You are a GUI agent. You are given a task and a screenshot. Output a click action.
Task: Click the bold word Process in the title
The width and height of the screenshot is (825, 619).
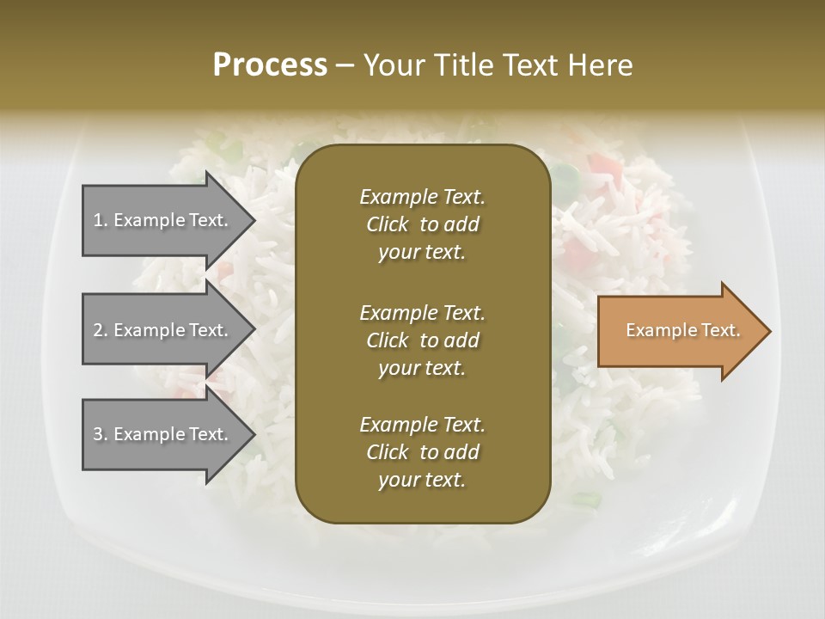pos(270,65)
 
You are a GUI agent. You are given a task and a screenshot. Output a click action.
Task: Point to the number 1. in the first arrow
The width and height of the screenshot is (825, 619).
pos(100,220)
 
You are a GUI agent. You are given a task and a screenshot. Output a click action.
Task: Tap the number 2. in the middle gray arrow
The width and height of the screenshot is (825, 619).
pos(100,330)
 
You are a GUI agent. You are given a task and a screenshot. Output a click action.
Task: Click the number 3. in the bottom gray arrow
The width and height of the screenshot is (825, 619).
pos(100,434)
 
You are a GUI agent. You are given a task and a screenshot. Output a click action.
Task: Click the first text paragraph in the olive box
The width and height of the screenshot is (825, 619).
pos(422,224)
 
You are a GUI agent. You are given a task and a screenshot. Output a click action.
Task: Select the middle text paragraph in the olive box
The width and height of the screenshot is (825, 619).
pos(422,340)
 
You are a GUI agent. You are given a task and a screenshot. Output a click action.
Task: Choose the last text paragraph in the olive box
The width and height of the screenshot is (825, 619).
pos(422,452)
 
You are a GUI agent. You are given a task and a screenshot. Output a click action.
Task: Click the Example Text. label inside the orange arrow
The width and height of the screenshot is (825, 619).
pos(682,330)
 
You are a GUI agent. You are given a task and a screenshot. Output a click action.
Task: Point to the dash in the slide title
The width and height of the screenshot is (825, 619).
pos(345,66)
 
